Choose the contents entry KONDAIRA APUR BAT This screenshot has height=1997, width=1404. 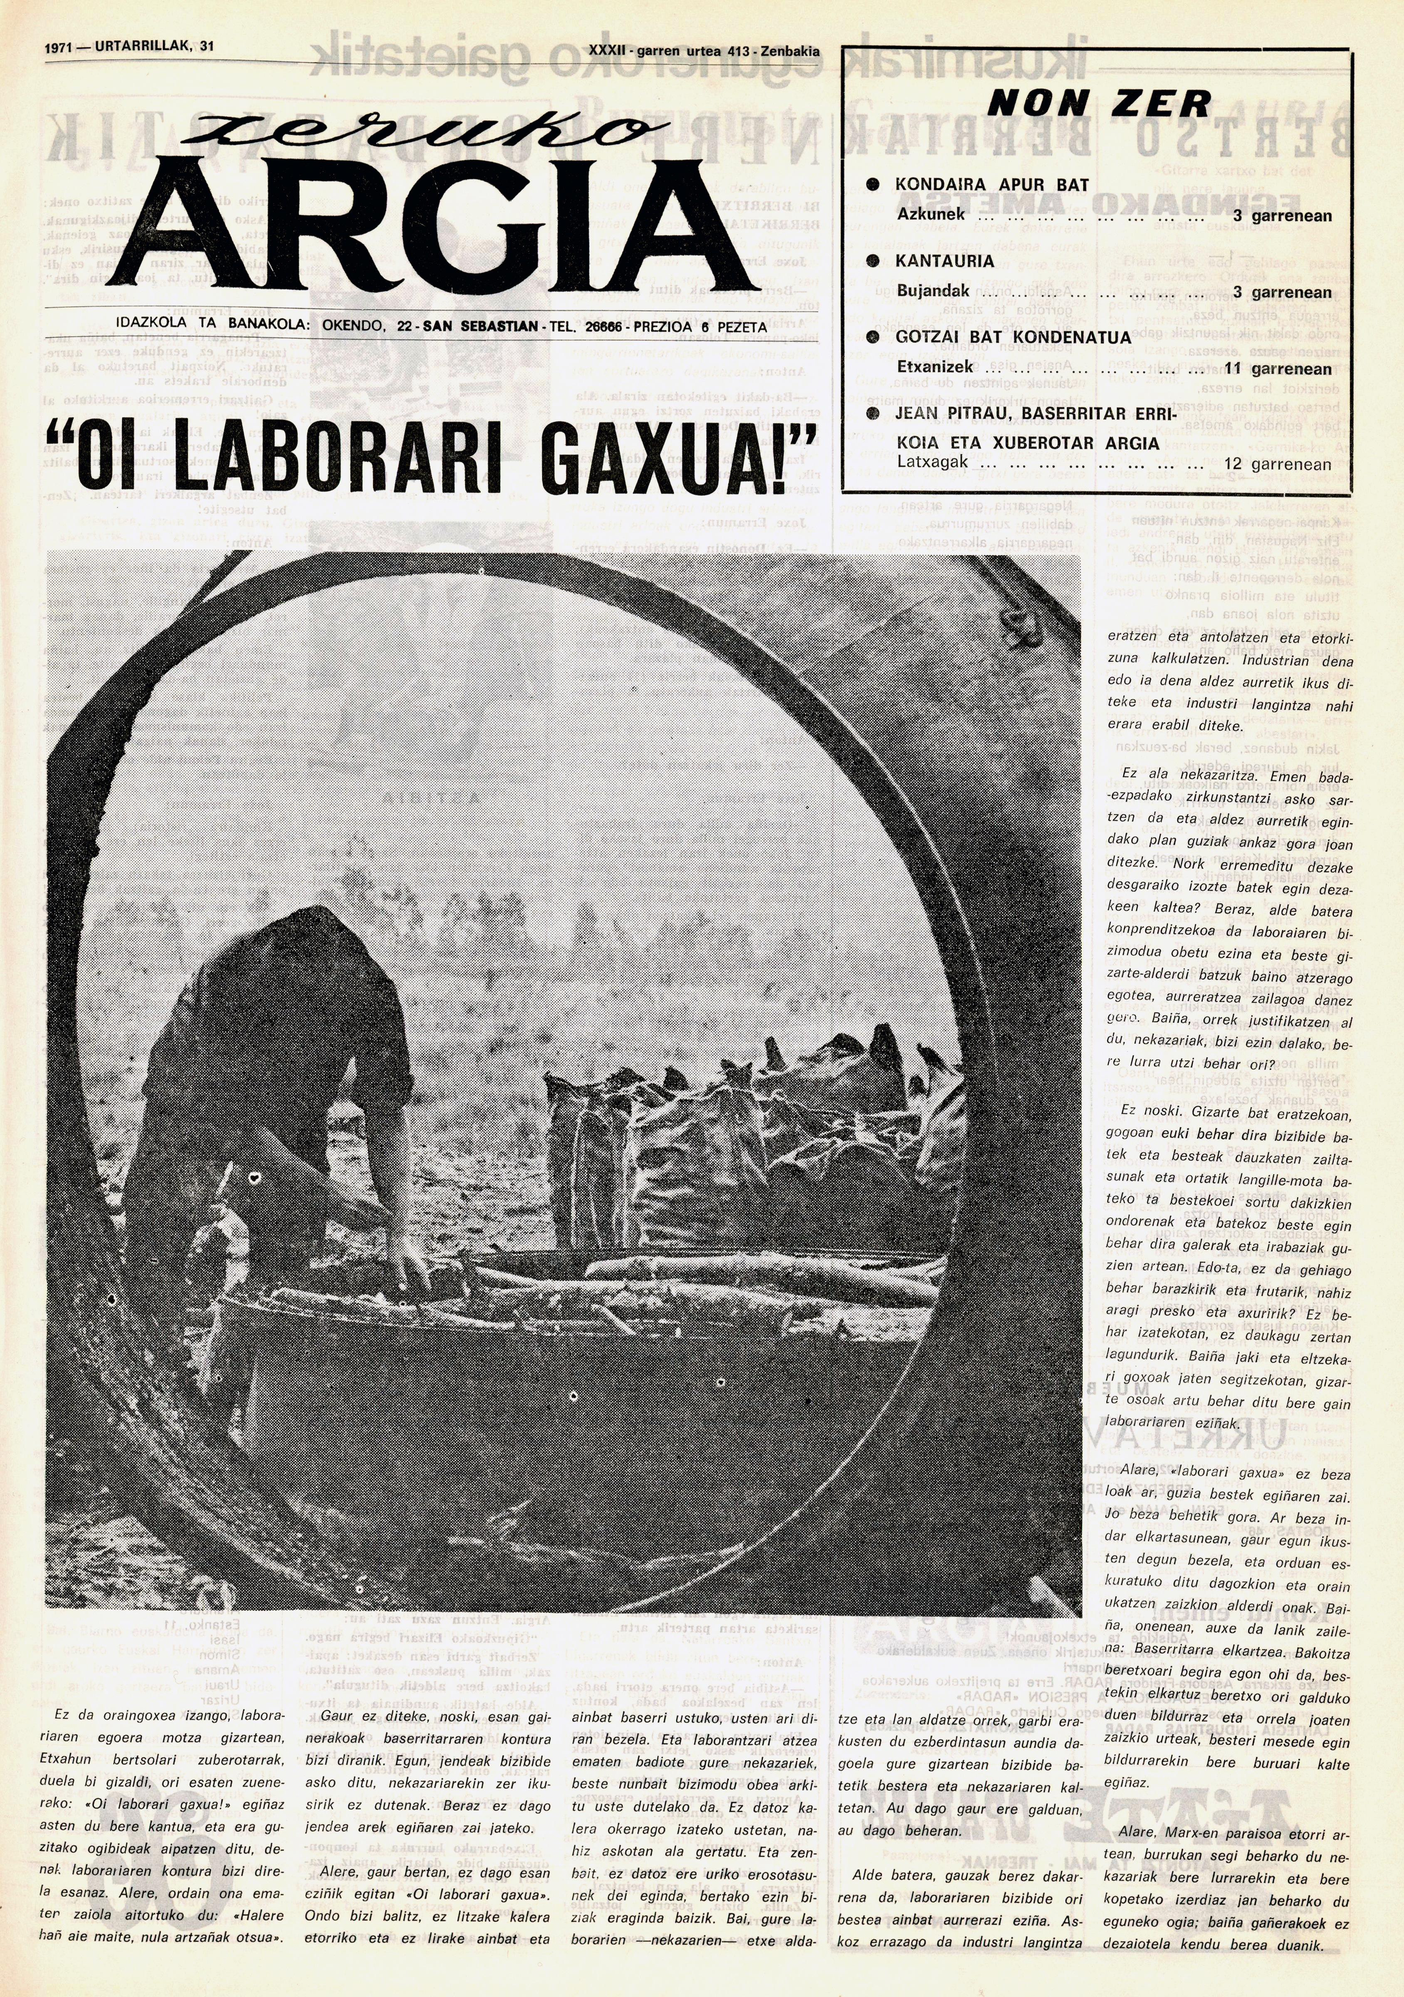(x=991, y=184)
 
